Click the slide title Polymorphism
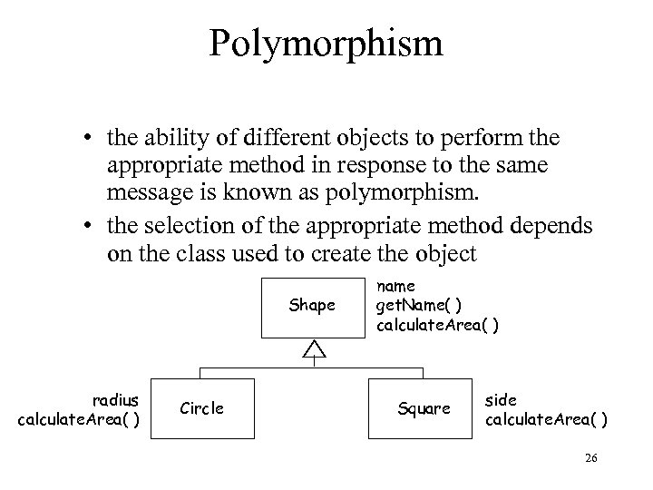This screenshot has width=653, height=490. (x=326, y=43)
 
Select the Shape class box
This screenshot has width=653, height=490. (x=311, y=306)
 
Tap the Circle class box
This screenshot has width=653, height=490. (x=200, y=408)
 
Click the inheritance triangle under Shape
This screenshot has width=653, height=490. (x=313, y=348)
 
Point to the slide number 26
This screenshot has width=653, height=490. (x=591, y=459)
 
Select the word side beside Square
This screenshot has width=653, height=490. (x=500, y=400)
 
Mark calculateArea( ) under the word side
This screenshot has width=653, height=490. (x=547, y=419)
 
